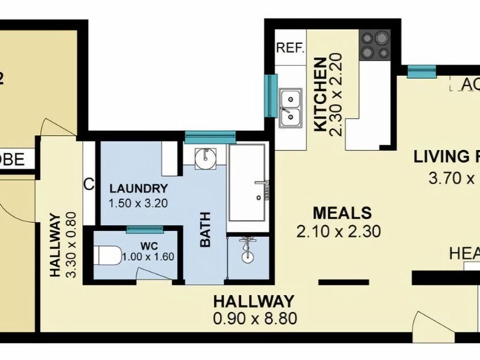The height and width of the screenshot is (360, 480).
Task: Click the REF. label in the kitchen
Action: (x=291, y=49)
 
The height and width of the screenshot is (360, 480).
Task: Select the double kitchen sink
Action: (x=291, y=108)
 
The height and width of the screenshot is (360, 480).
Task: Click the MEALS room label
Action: (x=342, y=213)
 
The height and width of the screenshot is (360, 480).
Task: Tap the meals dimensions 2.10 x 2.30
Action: (x=339, y=232)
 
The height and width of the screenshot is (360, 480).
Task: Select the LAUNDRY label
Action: (x=137, y=188)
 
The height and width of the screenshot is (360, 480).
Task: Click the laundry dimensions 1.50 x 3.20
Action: (x=137, y=202)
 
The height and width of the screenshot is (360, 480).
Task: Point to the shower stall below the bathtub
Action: (x=248, y=257)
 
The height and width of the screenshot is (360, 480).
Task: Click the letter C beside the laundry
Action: (x=89, y=185)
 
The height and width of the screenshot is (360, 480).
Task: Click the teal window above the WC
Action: (x=145, y=229)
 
